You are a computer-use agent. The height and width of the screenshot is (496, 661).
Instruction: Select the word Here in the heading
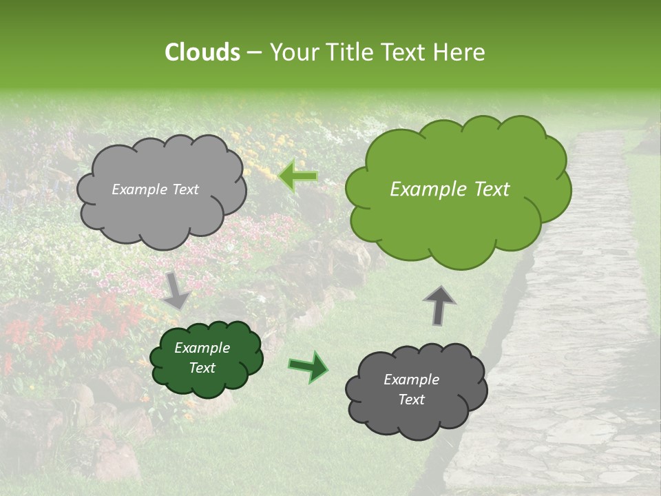(x=461, y=52)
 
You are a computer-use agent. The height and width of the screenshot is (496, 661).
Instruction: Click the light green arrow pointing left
(x=298, y=176)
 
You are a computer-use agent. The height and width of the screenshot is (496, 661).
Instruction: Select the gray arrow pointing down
(x=177, y=289)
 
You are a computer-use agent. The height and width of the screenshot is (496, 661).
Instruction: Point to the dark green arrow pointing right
(x=308, y=366)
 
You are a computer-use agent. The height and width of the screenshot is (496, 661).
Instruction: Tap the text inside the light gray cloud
(x=155, y=189)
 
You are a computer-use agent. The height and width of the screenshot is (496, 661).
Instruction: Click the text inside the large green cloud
(x=450, y=189)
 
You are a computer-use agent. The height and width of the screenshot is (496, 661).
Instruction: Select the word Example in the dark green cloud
(x=202, y=348)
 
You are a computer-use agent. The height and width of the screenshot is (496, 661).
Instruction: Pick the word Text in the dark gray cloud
(x=411, y=400)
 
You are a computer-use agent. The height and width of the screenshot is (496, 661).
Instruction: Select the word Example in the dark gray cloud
(x=411, y=380)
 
